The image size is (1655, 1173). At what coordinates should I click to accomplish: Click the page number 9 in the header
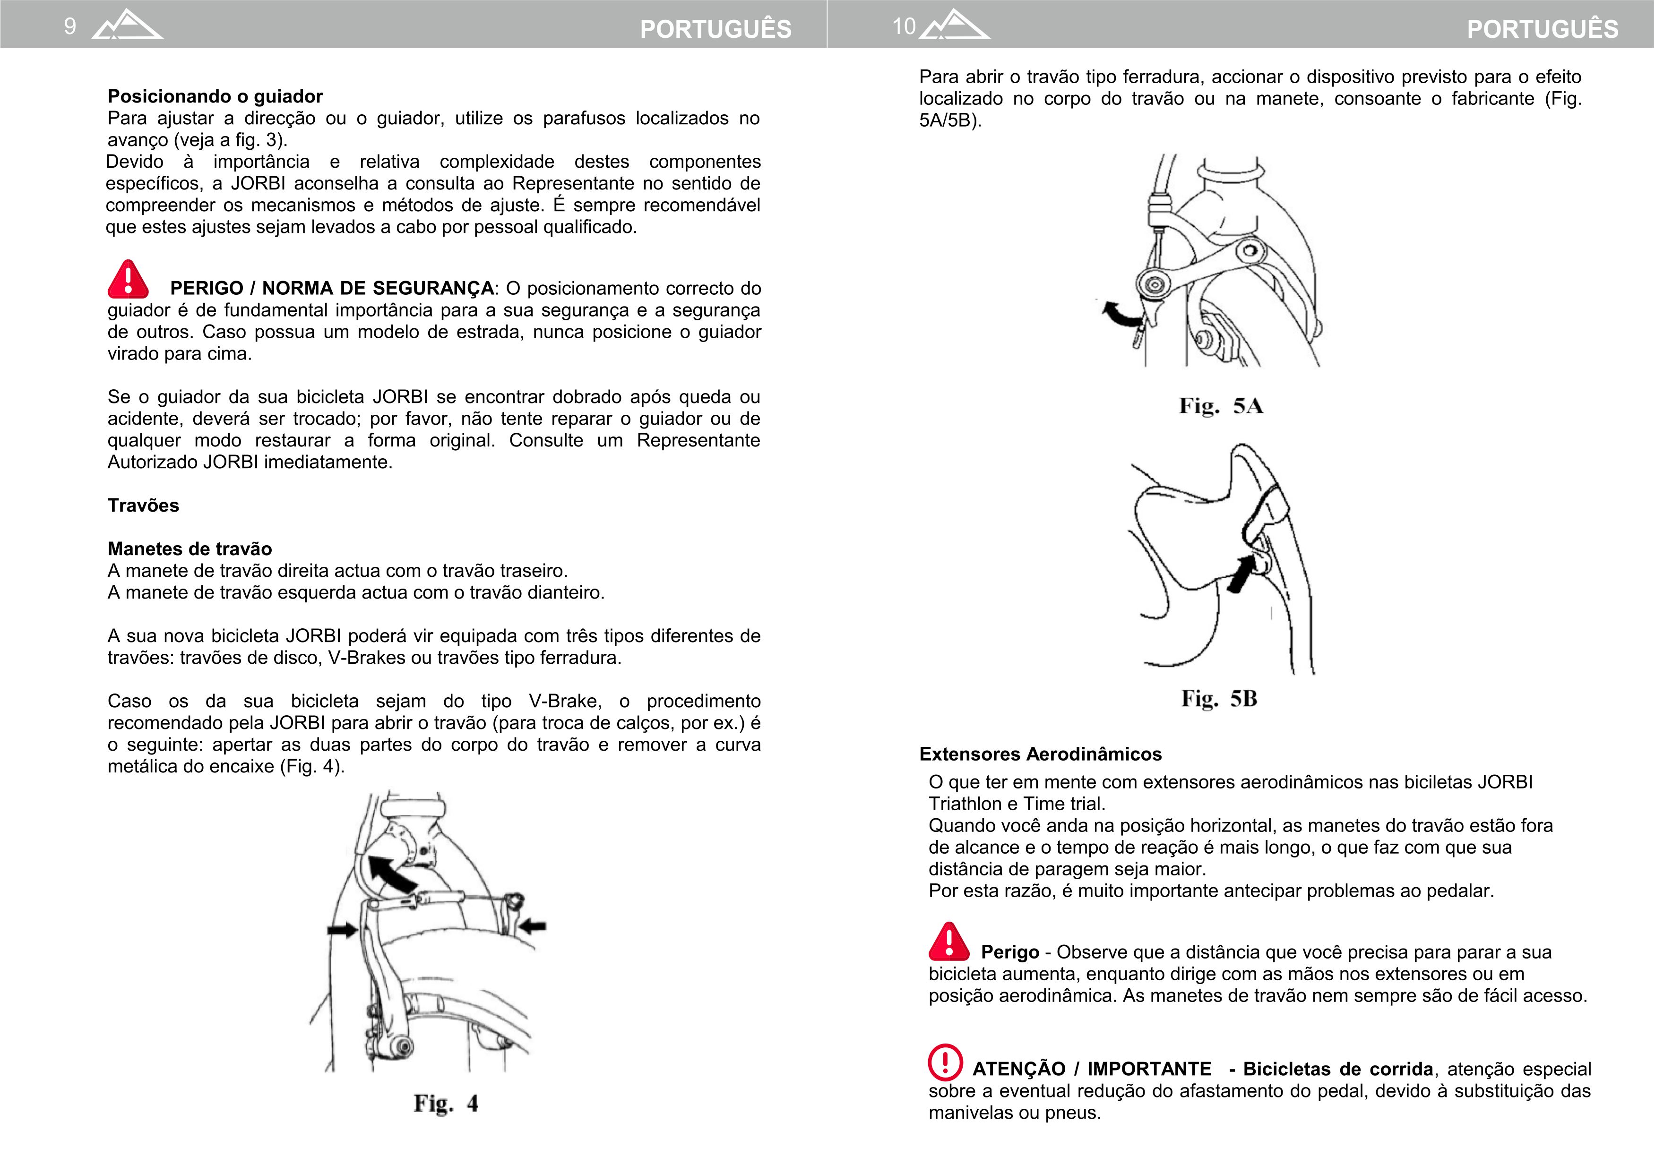coord(70,27)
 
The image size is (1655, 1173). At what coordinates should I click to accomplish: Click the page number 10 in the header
coord(904,27)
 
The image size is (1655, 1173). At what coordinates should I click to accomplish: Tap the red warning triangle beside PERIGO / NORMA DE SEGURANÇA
coord(128,280)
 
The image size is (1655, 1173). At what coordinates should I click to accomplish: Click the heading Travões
coord(143,505)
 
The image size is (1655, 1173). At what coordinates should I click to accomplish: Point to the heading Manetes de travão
coord(189,549)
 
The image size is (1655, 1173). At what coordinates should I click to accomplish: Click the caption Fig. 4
coord(446,1103)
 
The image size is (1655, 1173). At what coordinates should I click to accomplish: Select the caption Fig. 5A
coord(1221,405)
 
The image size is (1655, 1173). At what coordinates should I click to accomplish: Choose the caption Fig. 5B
coord(1219,698)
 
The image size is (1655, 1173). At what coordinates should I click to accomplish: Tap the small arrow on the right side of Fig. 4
coord(533,925)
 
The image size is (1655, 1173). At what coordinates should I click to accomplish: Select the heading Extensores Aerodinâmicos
coord(1040,754)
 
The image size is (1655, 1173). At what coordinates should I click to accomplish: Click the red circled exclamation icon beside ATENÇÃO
coord(945,1062)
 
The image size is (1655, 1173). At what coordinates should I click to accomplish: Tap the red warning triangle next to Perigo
coord(948,942)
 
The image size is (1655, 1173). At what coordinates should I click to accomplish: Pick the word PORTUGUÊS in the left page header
coord(715,29)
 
